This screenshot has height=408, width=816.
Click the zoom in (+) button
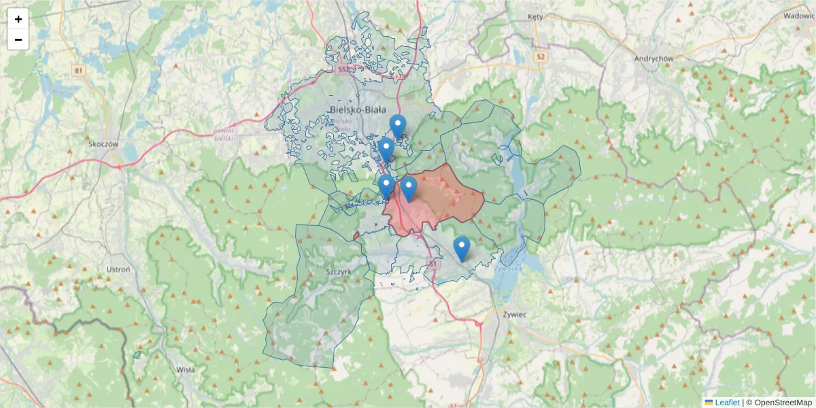(x=18, y=19)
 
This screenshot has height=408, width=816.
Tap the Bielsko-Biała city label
(x=357, y=109)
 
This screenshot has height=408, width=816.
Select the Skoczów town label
(x=103, y=144)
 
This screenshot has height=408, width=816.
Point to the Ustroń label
(x=118, y=269)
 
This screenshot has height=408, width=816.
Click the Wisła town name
(x=185, y=370)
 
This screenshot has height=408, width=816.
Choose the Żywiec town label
(x=516, y=315)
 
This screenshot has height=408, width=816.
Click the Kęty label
(x=537, y=17)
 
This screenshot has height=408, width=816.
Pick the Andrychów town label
(x=653, y=58)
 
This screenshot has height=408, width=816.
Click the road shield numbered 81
(x=79, y=70)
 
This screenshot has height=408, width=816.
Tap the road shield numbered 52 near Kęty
(x=541, y=56)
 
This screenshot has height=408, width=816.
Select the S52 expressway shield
(x=344, y=69)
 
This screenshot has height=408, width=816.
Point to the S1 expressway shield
(x=432, y=263)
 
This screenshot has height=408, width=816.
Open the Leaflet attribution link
(x=726, y=403)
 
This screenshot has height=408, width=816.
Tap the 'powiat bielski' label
(x=224, y=133)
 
